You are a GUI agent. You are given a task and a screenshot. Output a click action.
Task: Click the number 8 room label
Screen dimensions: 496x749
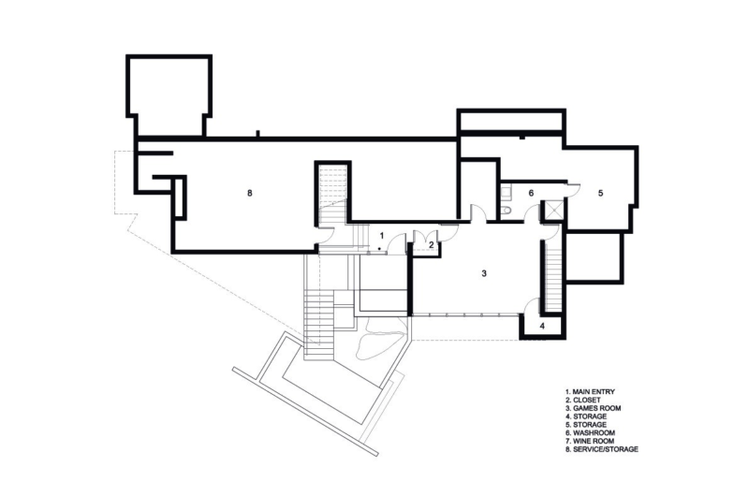pyautogui.click(x=250, y=194)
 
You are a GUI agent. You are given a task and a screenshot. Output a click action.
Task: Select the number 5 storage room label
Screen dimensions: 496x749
pyautogui.click(x=601, y=193)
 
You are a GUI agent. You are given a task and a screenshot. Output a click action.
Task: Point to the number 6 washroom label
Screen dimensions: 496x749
pyautogui.click(x=530, y=193)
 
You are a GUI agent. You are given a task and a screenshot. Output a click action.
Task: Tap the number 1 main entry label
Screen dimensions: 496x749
pyautogui.click(x=382, y=234)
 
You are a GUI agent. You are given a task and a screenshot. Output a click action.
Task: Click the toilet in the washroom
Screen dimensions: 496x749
pyautogui.click(x=507, y=212)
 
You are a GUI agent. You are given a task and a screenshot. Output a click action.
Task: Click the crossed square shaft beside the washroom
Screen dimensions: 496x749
pyautogui.click(x=553, y=211)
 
